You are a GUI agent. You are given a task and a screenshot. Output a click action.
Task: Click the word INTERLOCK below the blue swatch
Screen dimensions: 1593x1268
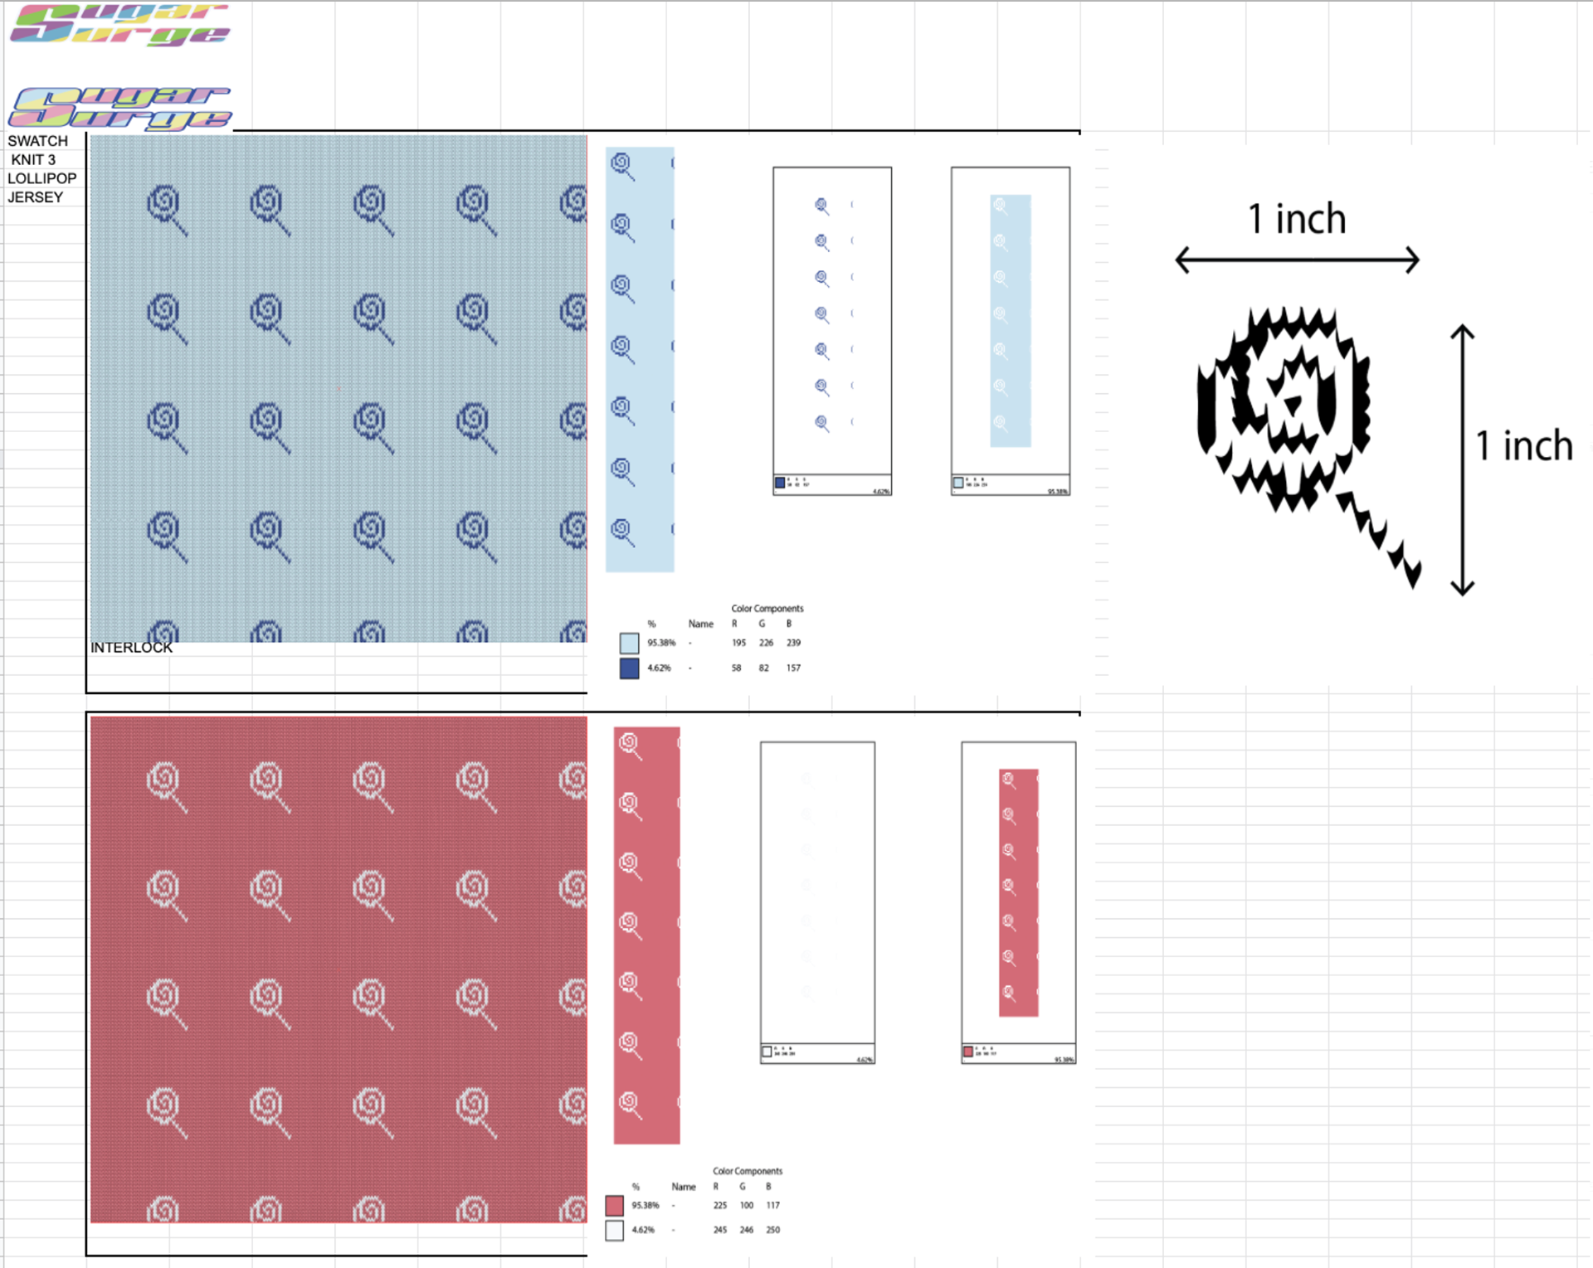pos(131,648)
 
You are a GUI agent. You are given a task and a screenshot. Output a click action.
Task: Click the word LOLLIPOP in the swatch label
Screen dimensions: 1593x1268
pos(41,178)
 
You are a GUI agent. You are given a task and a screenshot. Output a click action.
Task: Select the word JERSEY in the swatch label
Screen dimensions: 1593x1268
pos(35,197)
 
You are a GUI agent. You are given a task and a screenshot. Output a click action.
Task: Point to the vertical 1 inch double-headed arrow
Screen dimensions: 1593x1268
pos(1462,460)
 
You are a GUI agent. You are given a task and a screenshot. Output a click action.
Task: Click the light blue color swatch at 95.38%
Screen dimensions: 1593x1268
pos(629,644)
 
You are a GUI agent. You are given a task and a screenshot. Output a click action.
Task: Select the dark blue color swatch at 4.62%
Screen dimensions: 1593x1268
pos(629,668)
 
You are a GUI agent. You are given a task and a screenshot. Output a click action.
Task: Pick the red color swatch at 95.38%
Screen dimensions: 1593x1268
pos(614,1206)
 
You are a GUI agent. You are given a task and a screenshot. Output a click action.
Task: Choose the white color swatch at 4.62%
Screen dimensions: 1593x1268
pos(614,1231)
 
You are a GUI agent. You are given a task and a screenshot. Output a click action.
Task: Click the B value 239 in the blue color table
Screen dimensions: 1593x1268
pos(793,643)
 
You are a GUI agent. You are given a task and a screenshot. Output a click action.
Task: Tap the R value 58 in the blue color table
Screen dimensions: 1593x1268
pos(736,668)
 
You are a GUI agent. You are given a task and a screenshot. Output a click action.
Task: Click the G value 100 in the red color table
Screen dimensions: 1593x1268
pos(746,1206)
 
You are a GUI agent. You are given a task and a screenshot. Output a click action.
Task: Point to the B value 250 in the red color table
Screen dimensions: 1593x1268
pos(772,1230)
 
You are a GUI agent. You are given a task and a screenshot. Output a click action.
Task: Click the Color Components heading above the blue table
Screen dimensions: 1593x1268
pos(767,609)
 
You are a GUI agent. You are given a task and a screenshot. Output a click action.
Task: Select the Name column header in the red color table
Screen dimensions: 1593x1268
pos(683,1187)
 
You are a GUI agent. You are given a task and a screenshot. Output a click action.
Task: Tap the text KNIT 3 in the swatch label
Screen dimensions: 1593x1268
pos(33,159)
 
